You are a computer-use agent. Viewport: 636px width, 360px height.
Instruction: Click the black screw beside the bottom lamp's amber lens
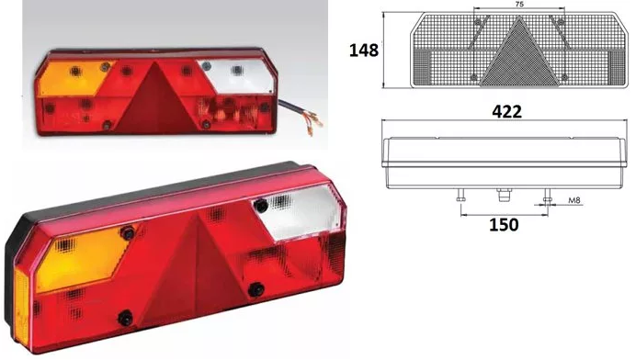pos(129,234)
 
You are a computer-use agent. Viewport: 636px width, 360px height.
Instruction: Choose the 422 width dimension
pos(505,111)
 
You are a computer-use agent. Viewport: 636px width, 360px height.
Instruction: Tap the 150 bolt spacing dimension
pos(504,223)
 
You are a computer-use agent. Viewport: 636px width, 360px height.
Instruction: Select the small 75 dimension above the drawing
pos(519,6)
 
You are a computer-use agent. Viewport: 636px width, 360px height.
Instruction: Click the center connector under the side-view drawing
pos(503,196)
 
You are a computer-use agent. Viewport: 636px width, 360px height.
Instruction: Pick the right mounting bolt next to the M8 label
pos(548,197)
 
